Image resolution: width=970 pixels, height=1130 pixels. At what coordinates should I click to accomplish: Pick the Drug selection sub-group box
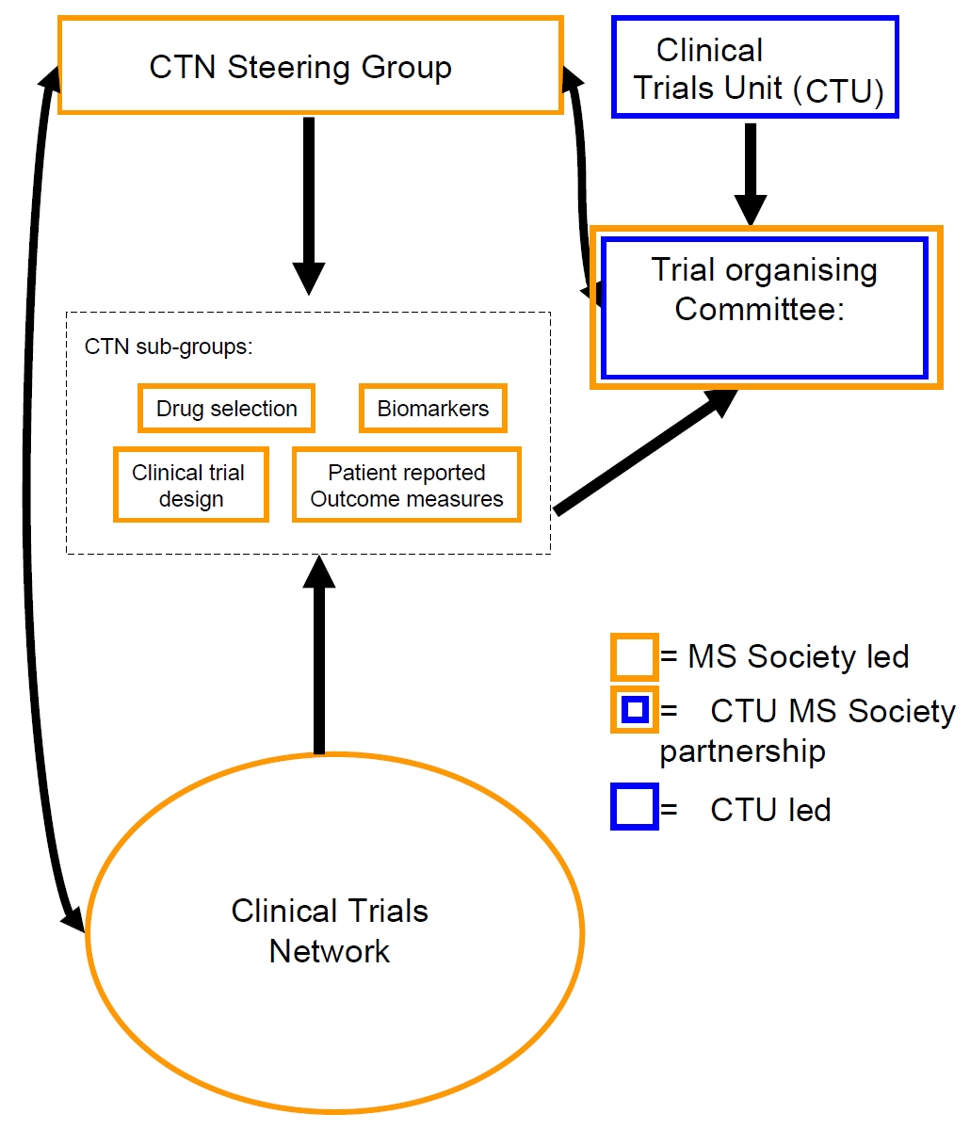click(226, 409)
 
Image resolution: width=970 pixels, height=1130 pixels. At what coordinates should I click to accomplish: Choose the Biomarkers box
click(433, 409)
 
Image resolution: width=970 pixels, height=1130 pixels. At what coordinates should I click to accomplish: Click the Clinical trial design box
click(190, 486)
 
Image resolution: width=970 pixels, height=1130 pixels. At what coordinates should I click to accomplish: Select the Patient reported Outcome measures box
click(407, 486)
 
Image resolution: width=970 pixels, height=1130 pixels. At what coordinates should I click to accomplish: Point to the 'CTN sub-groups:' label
click(169, 347)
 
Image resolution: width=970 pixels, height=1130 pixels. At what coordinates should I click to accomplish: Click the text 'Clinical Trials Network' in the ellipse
click(330, 930)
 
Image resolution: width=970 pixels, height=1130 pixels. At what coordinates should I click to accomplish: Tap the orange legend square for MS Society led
click(634, 657)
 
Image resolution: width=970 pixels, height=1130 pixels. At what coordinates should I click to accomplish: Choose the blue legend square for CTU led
click(634, 809)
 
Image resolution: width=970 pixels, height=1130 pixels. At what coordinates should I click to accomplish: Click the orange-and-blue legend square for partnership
click(634, 710)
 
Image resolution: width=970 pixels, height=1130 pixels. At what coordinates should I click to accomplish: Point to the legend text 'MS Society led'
click(799, 657)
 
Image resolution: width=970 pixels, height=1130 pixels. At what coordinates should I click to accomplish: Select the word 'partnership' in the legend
click(742, 751)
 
